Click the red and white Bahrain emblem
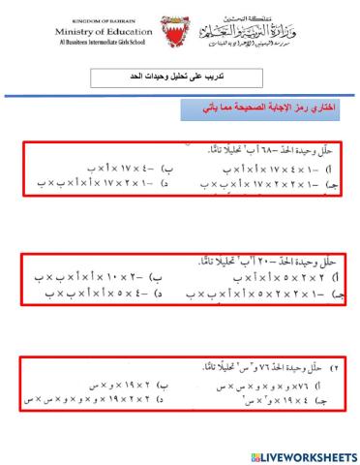178,37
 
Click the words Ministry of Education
109,33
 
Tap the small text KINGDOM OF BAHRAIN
109,21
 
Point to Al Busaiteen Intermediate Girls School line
109,45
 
